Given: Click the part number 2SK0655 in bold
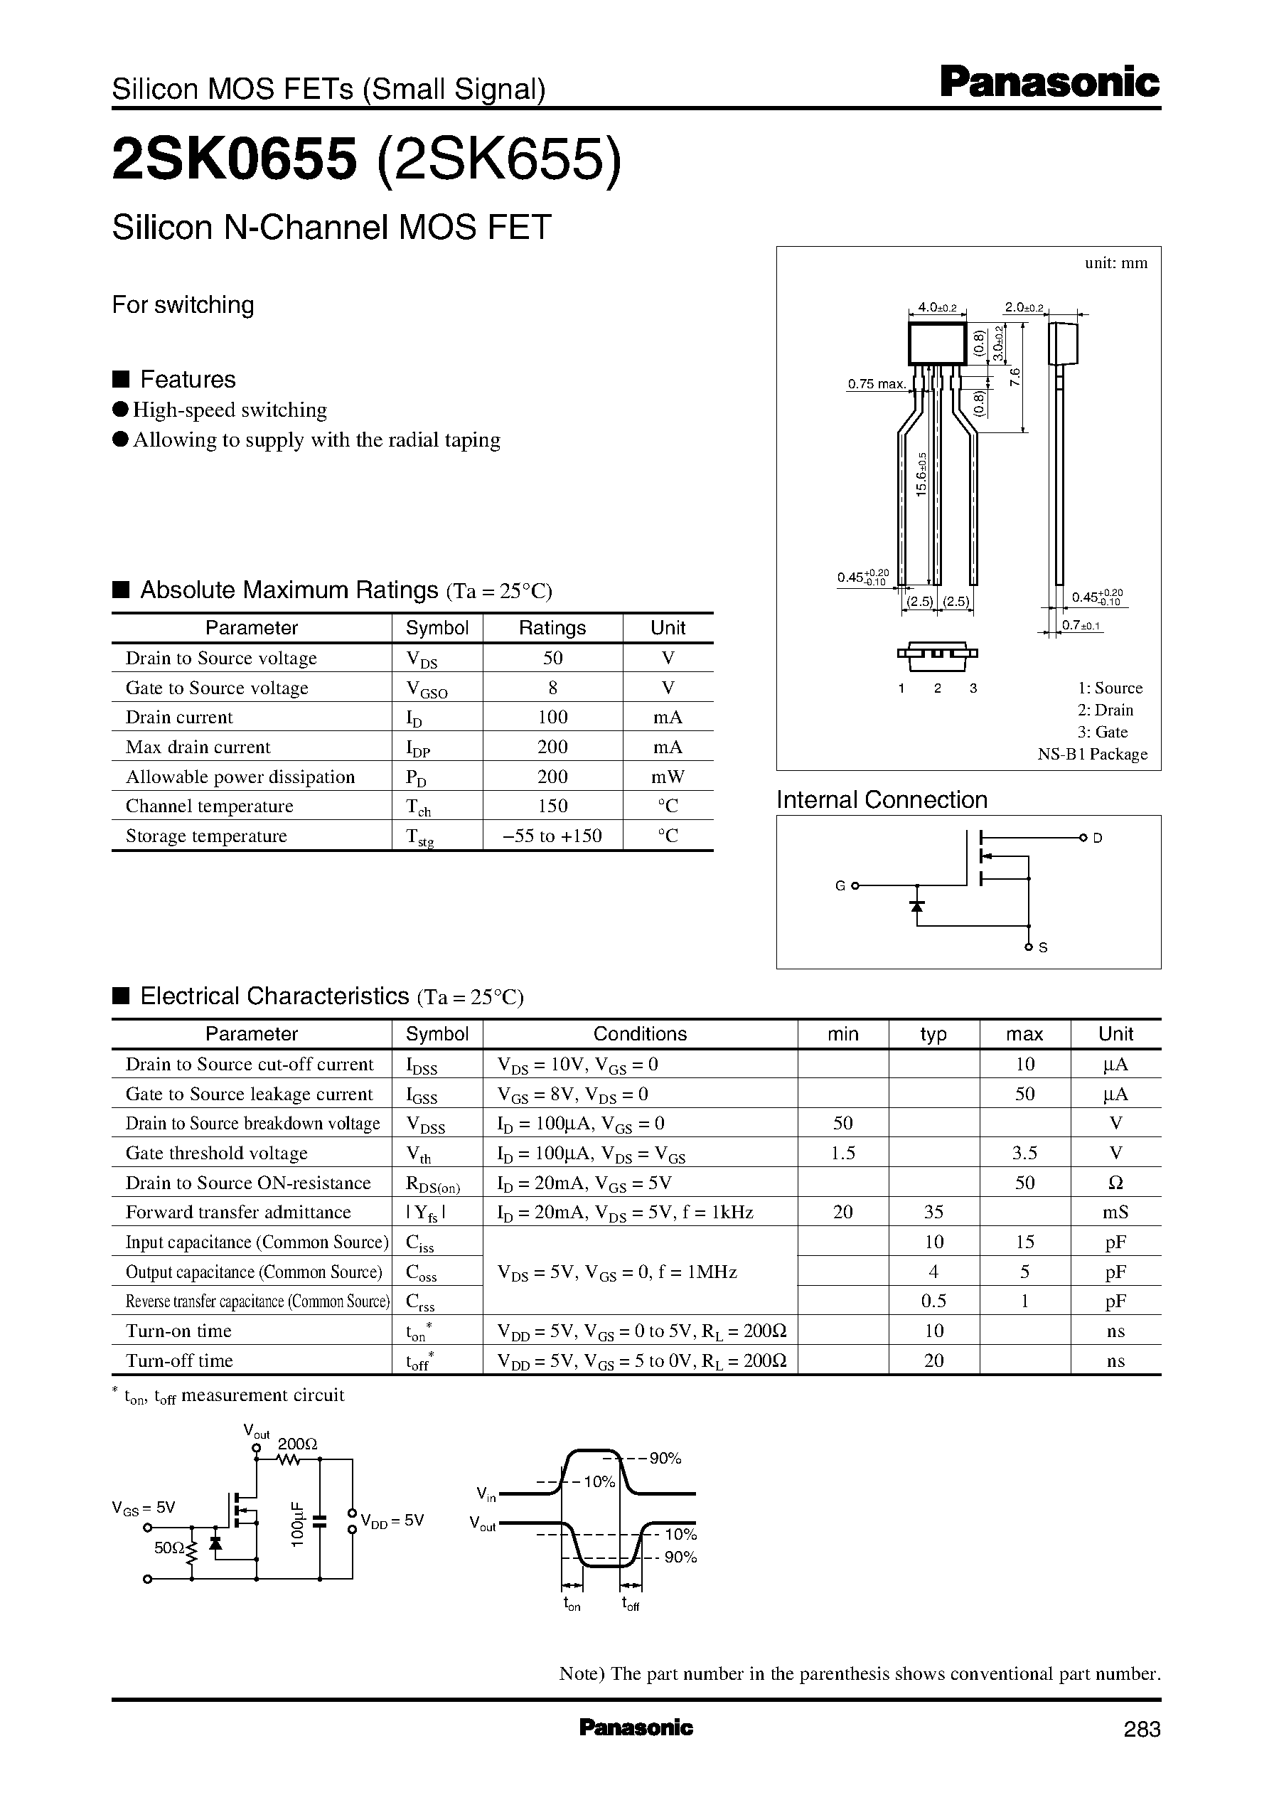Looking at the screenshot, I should pos(235,160).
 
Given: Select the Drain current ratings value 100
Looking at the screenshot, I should pos(552,717).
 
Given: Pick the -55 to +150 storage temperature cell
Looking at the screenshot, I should pos(552,836).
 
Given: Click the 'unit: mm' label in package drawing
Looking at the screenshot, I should pos(1115,264).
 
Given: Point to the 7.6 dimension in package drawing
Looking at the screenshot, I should pos(1015,377).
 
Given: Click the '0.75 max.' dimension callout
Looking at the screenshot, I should pos(877,384).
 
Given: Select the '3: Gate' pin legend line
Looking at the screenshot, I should pos(1102,732).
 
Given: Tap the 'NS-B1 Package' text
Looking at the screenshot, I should pos(1092,754).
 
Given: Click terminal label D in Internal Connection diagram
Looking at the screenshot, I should pos(1098,838).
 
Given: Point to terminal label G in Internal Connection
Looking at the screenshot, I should pos(840,886).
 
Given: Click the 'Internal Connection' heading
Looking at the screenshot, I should pos(882,799).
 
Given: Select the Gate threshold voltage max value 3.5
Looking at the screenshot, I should pos(1024,1154).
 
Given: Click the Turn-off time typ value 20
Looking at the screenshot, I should pos(933,1360).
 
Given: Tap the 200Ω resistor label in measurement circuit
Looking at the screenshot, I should pos(297,1444).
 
